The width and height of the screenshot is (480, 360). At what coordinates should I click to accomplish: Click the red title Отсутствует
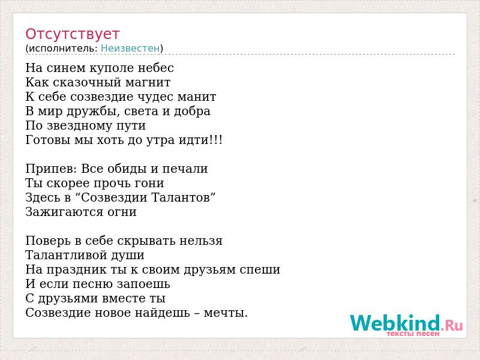72,34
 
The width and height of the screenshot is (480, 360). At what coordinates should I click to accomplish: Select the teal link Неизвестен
130,48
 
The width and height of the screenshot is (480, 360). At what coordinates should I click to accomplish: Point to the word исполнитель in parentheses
63,49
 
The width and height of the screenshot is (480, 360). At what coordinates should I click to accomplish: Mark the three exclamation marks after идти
216,140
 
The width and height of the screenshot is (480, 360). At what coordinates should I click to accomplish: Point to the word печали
185,169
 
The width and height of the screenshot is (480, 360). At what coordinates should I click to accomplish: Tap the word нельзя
200,241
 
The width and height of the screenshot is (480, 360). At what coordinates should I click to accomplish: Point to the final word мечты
226,313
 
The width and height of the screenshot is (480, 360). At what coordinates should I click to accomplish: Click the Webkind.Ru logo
406,325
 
